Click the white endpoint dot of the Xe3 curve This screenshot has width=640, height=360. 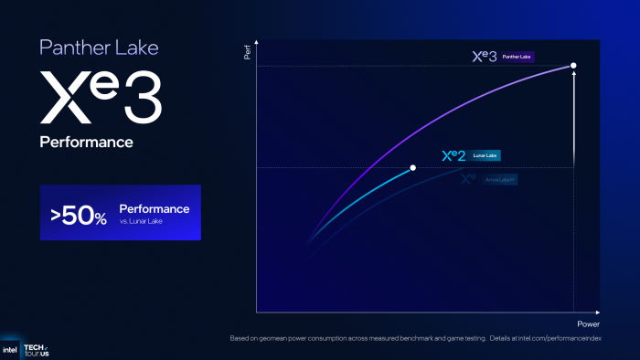click(573, 65)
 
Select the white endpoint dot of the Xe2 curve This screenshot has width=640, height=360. click(413, 168)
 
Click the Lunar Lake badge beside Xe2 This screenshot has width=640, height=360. click(486, 155)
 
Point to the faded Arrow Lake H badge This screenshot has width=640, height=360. click(499, 180)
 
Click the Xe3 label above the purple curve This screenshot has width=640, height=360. click(484, 57)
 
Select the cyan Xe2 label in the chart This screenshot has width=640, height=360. click(454, 155)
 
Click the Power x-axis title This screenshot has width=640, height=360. click(588, 324)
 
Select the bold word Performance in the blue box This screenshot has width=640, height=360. click(155, 209)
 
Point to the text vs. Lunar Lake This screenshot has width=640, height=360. click(142, 222)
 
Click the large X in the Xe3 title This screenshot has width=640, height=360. click(64, 99)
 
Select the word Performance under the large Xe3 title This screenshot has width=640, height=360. click(86, 143)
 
